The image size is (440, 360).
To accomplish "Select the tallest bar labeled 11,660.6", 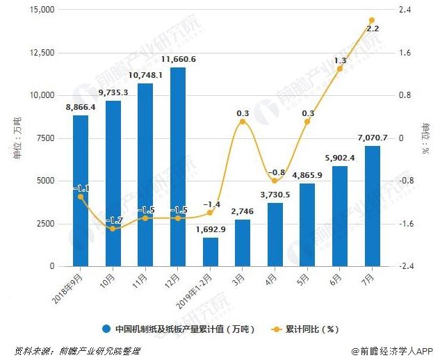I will pos(178,167).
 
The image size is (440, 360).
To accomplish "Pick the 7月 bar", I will pos(372,206).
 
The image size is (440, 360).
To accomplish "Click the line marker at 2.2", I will pos(372,20).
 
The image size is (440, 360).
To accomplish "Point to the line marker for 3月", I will pos(243,122).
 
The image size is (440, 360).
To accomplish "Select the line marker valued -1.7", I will pos(113,229).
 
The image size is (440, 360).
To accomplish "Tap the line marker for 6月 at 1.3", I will pos(340,69).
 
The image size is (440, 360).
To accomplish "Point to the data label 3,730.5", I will pos(275,194).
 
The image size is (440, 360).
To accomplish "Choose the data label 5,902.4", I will pos(339,156).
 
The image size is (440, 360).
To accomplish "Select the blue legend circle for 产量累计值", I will pos(106,329).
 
